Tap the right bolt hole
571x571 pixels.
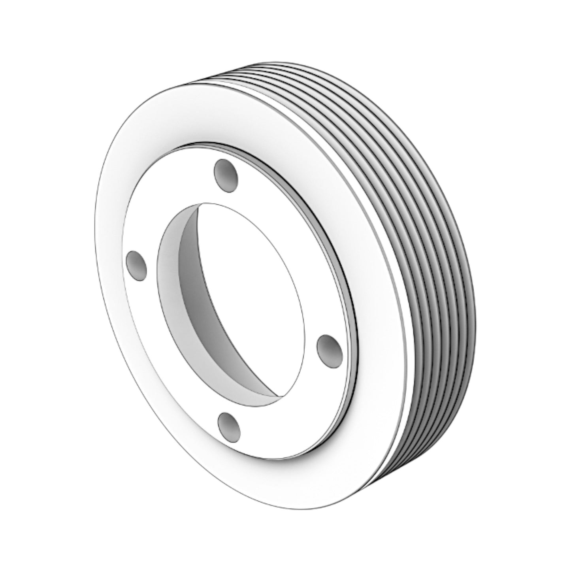point(330,347)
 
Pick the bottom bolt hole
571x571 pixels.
point(230,426)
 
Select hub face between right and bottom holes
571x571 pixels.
point(292,403)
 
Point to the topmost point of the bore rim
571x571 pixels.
point(205,203)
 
